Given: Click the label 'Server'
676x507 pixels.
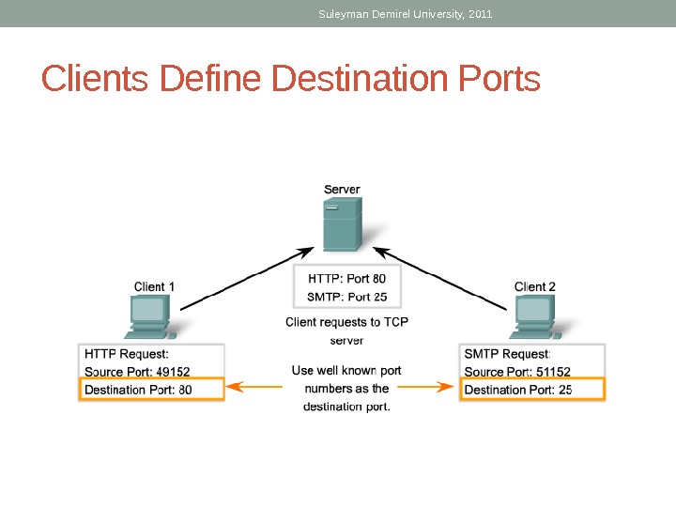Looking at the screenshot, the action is pyautogui.click(x=342, y=189).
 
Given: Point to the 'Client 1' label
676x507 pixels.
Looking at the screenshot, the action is pyautogui.click(x=154, y=286).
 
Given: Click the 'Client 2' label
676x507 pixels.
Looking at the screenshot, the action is pyautogui.click(x=535, y=286).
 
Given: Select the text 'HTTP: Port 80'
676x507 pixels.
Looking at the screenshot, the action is pyautogui.click(x=346, y=278).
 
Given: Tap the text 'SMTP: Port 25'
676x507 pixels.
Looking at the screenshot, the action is pyautogui.click(x=346, y=297).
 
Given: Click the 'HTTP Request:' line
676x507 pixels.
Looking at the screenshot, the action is pyautogui.click(x=127, y=354).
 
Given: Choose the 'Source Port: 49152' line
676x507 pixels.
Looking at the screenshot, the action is pyautogui.click(x=137, y=372).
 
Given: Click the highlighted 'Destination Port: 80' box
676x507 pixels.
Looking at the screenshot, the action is pyautogui.click(x=151, y=390).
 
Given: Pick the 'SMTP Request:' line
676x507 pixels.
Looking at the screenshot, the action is pyautogui.click(x=507, y=354).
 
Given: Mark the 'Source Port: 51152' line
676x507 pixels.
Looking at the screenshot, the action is pyautogui.click(x=517, y=372).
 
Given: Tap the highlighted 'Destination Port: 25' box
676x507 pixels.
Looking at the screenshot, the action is pyautogui.click(x=531, y=390).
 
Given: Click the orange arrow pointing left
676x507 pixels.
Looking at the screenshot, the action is pyautogui.click(x=253, y=385).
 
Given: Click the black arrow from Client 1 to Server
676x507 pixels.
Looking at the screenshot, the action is pyautogui.click(x=246, y=278).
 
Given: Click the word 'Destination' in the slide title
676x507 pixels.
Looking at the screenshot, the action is pyautogui.click(x=361, y=80).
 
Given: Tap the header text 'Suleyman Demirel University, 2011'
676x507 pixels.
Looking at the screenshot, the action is pyautogui.click(x=405, y=14).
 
